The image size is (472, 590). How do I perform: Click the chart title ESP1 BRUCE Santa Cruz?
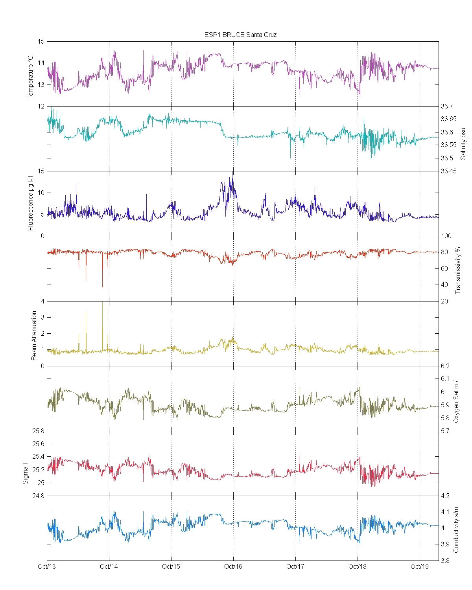(x=240, y=35)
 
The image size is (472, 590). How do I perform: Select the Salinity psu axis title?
(x=463, y=143)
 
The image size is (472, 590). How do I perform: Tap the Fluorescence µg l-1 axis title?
(x=31, y=203)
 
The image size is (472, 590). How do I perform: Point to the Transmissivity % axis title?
(x=458, y=270)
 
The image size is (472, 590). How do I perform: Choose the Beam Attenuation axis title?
(x=34, y=336)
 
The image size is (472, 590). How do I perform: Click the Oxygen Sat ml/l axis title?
(x=456, y=401)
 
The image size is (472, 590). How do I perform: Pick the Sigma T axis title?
(x=26, y=470)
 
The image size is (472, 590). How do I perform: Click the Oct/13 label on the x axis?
(x=47, y=566)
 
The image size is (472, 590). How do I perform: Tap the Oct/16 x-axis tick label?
(x=233, y=566)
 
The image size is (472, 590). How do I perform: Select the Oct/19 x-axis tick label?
(x=420, y=566)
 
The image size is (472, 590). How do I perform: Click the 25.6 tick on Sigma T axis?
(x=38, y=444)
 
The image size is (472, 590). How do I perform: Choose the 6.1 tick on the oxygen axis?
(x=445, y=379)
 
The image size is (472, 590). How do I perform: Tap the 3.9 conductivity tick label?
(x=445, y=544)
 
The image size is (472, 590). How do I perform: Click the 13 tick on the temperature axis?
(x=41, y=85)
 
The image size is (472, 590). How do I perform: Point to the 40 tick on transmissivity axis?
(x=444, y=285)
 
